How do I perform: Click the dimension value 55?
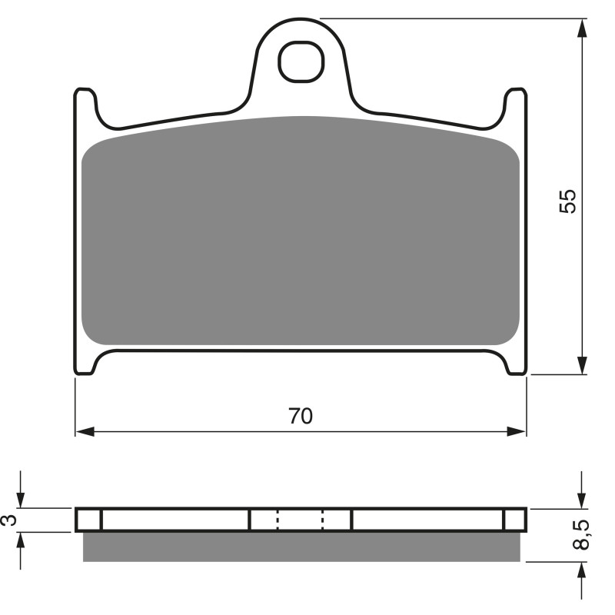coord(567,201)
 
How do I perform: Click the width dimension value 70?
coord(301,416)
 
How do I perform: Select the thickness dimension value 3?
coord(8,520)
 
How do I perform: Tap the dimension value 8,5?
coord(582,534)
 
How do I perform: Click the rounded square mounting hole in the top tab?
coord(300,61)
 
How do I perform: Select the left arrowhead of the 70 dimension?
coord(84,431)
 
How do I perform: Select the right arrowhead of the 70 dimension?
coord(518,431)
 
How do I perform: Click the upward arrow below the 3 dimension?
coord(21,543)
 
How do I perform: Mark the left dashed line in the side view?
coord(278,520)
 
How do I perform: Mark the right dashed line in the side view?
coord(323,520)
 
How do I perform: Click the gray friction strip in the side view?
coord(301,547)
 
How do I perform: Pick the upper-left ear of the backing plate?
coord(85,104)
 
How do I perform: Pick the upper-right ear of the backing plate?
coord(515,104)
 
